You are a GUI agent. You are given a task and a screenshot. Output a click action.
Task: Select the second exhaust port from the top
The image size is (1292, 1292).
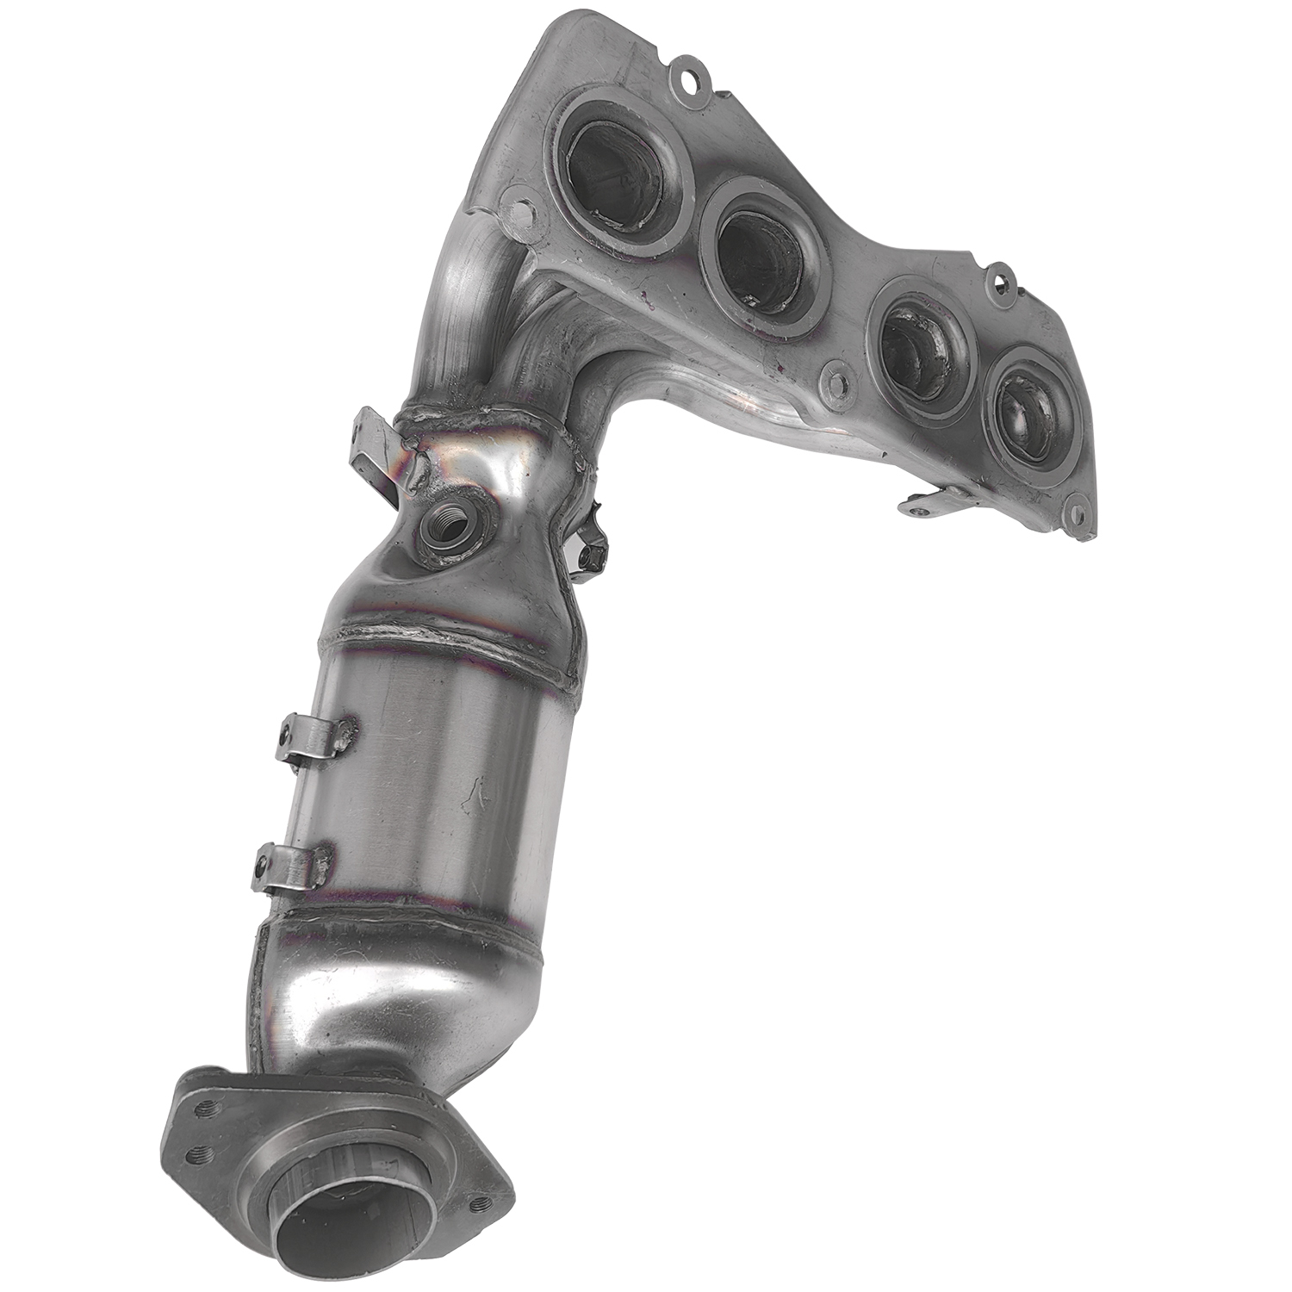click(757, 258)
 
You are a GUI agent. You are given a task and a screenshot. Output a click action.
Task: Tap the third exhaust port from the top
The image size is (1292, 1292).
click(916, 344)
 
